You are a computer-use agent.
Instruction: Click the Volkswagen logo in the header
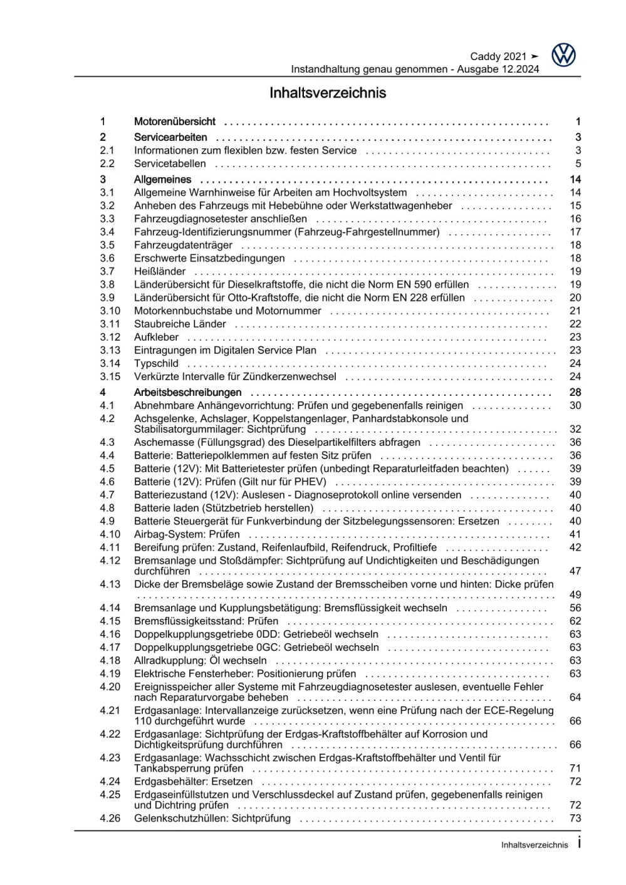pos(563,55)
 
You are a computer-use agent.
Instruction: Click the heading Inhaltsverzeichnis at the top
pos(328,93)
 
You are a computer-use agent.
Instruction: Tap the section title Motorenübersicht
pos(174,122)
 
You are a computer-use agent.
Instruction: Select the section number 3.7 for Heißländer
pos(107,271)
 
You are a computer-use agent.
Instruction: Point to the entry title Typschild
pos(156,363)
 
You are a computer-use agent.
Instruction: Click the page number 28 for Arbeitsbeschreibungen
pos(575,392)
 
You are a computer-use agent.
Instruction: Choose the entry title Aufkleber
pos(156,337)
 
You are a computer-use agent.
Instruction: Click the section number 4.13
pos(110,584)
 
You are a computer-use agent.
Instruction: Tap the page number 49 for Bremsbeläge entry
pos(575,594)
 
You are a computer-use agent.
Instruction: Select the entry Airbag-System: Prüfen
pos(187,534)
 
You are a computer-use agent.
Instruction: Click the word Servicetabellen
pos(170,163)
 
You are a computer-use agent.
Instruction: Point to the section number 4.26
pos(110,818)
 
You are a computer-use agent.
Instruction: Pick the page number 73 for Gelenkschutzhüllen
pos(575,818)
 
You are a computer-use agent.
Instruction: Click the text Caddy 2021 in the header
pos(498,56)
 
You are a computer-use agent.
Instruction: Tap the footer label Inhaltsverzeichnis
pos(535,845)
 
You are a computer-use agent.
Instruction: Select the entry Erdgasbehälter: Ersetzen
pos(193,781)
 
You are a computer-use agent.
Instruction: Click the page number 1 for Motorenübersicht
pos(578,122)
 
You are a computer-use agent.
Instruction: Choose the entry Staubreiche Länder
pos(180,324)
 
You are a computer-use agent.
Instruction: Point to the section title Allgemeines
pos(162,179)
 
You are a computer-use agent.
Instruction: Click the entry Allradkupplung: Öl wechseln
pos(200,660)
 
